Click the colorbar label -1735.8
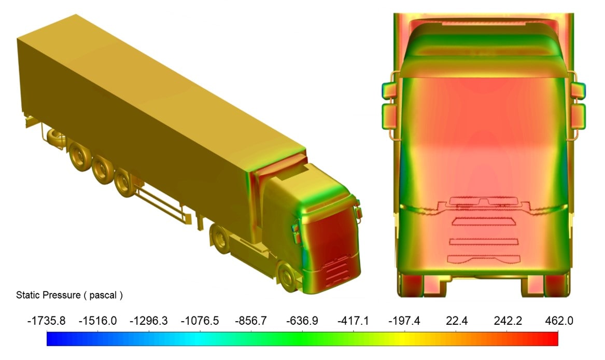pyautogui.click(x=46, y=321)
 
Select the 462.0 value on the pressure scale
pyautogui.click(x=559, y=321)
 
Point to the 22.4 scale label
pyautogui.click(x=456, y=321)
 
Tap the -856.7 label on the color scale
pyautogui.click(x=251, y=321)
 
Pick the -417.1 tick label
pyautogui.click(x=353, y=321)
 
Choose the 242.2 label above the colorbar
pyautogui.click(x=508, y=321)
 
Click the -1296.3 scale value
pyautogui.click(x=149, y=321)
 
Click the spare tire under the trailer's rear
pyautogui.click(x=57, y=139)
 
